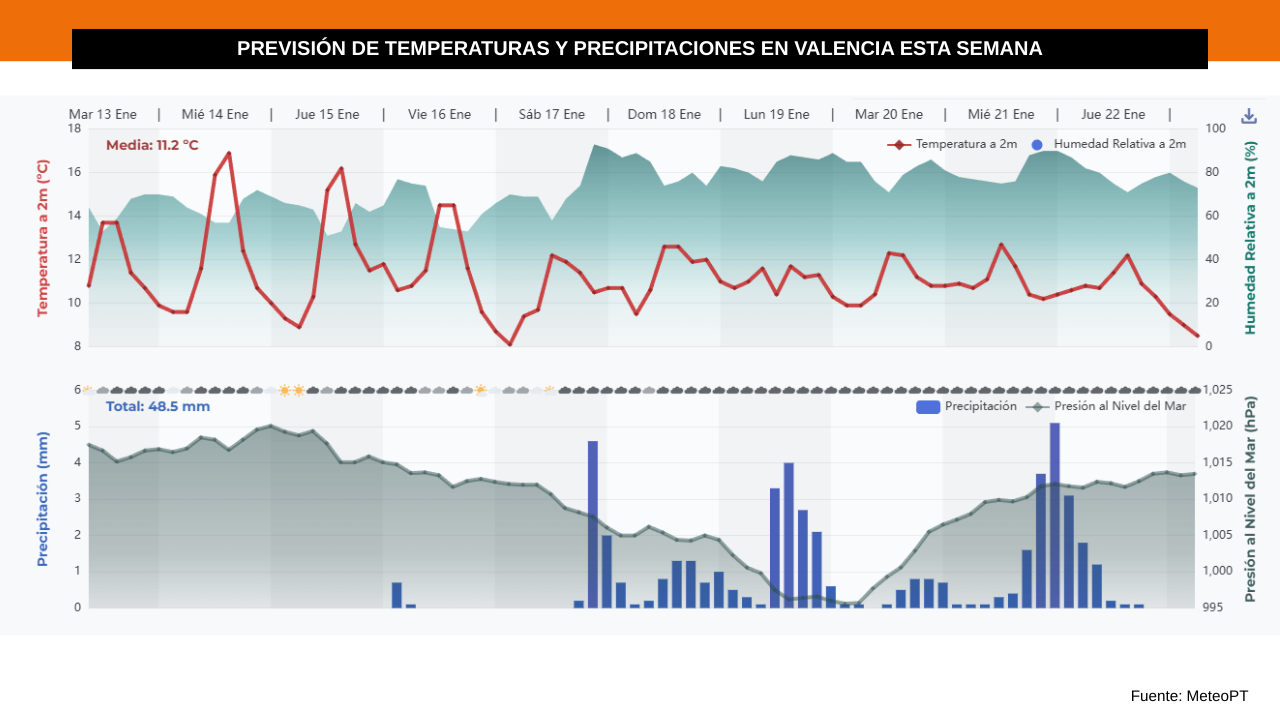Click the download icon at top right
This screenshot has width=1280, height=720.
[1248, 116]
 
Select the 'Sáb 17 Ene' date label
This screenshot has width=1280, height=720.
[551, 114]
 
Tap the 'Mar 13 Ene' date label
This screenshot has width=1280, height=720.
[102, 114]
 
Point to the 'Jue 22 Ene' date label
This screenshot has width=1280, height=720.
[1113, 114]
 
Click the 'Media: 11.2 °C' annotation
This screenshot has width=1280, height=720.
[152, 145]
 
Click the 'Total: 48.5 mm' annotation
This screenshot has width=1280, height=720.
[158, 406]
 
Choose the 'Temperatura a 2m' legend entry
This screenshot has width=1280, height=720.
[952, 144]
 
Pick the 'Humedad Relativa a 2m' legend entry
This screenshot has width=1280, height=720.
[1110, 144]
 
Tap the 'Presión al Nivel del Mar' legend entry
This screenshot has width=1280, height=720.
[1106, 406]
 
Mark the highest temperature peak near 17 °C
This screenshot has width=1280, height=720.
[229, 154]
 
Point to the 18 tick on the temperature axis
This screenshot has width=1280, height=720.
[75, 128]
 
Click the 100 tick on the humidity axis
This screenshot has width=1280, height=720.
[1216, 128]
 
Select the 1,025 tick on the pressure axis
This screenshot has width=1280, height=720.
[1217, 389]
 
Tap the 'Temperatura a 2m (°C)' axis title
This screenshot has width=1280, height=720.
[43, 238]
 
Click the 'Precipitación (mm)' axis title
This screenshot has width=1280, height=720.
[43, 499]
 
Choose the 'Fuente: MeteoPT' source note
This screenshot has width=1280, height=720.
[1189, 695]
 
